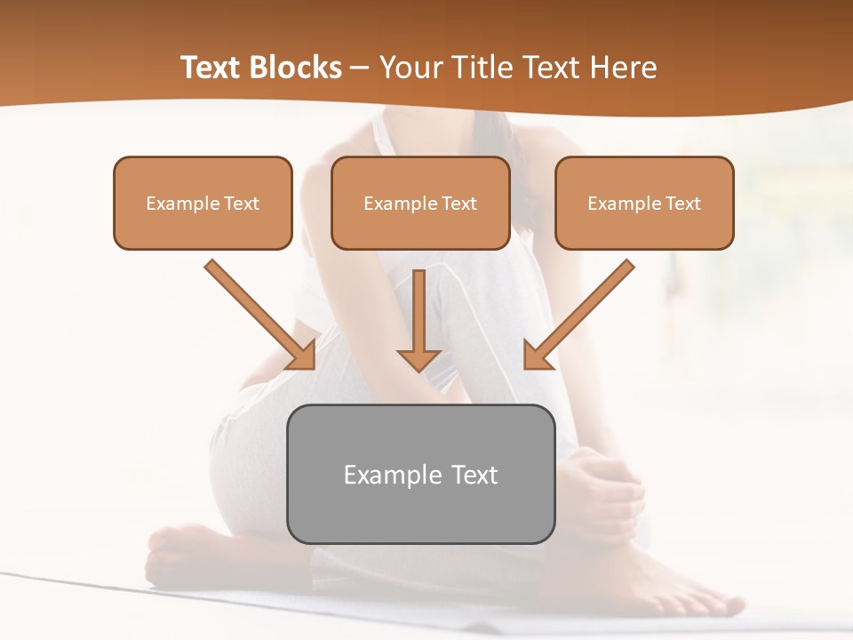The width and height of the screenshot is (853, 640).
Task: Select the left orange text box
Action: (203, 203)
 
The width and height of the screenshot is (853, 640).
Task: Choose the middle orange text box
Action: (420, 203)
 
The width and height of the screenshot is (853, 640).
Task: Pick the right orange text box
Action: (644, 203)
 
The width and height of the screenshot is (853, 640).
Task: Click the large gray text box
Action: (420, 474)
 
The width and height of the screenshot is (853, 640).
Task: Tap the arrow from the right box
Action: (578, 315)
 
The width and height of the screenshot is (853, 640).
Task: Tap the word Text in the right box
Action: (683, 204)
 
